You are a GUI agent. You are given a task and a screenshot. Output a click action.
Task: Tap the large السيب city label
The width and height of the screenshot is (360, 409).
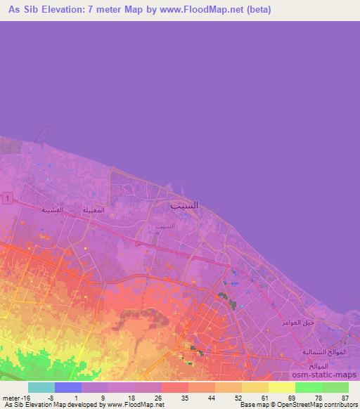click(184, 206)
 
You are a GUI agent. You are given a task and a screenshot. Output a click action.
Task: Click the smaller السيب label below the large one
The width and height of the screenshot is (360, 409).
click(165, 226)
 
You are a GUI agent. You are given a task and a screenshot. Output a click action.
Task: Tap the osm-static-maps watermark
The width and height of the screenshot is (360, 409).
click(325, 375)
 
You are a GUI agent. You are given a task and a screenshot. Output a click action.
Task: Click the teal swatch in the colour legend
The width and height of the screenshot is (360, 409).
click(41, 387)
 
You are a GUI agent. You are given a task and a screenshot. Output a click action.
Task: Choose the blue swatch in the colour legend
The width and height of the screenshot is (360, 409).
click(68, 387)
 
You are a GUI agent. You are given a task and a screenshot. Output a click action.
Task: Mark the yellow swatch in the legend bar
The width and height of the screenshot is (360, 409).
click(281, 387)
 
